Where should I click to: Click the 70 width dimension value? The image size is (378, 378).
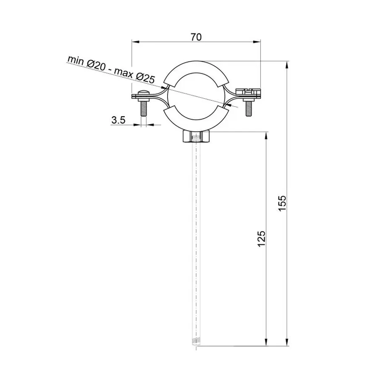(196, 37)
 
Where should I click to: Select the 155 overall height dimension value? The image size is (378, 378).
(282, 204)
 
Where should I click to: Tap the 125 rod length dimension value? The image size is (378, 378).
(262, 238)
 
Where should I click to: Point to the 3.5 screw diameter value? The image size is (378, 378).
(118, 120)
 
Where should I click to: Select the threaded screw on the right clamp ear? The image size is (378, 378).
(248, 107)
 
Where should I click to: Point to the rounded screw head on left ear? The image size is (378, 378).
(143, 93)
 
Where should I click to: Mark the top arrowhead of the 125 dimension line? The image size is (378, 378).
(266, 136)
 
